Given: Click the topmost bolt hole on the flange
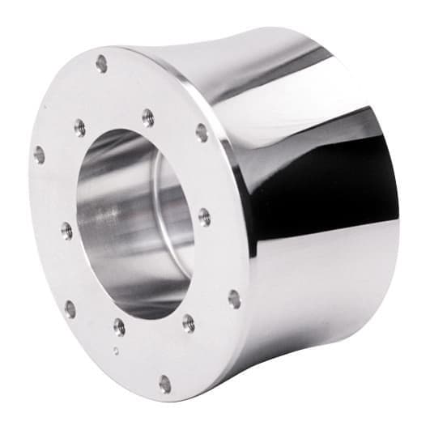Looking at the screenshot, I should point(101,62).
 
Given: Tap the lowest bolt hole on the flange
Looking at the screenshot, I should point(165,383).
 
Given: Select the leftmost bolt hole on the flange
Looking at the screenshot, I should point(39,154).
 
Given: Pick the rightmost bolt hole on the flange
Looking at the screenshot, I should point(234,299).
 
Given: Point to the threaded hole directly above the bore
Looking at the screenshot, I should point(147,118).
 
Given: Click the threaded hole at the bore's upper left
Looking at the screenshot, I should point(79,127).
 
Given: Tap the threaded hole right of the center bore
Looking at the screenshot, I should point(204,217).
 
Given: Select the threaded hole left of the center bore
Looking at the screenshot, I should point(66,231).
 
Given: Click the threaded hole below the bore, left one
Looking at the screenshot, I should point(119,326).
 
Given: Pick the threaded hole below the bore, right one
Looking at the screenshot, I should point(188,322).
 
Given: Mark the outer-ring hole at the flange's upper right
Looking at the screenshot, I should point(201,132).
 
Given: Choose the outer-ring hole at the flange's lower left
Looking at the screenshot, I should point(70,308).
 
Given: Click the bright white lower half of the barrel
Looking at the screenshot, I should point(324,291).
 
